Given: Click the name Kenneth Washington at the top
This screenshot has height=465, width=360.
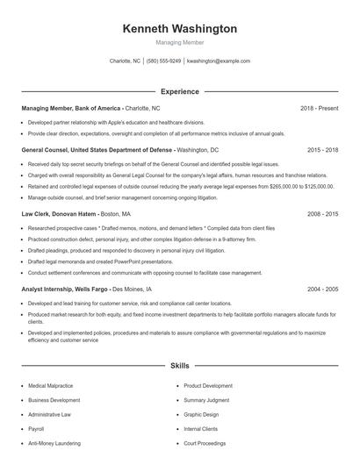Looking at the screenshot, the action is [x=179, y=28].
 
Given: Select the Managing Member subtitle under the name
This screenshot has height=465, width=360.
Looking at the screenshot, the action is [x=179, y=42].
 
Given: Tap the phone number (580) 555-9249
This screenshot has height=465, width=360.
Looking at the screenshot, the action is [x=164, y=61].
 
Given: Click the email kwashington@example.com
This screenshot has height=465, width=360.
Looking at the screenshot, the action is [x=219, y=61].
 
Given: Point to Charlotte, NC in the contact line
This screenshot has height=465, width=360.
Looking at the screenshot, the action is [x=125, y=61].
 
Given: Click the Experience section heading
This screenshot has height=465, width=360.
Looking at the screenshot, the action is [x=179, y=91].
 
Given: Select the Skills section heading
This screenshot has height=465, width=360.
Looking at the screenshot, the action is [x=179, y=366].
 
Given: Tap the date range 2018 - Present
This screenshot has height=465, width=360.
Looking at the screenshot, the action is [x=319, y=108].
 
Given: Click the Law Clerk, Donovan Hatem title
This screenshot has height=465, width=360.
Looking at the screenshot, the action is [x=60, y=213].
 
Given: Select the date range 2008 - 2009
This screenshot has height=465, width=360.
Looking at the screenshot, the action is [x=322, y=213].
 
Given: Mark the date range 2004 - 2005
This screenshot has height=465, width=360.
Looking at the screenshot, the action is [x=322, y=289].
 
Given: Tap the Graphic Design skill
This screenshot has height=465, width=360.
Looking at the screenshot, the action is [x=201, y=414].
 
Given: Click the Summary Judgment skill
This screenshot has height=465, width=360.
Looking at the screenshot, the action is [x=207, y=400].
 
